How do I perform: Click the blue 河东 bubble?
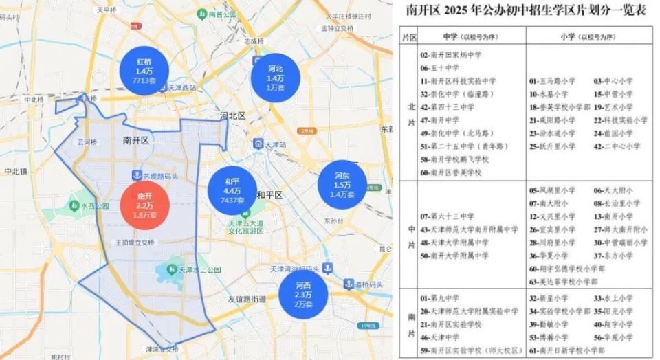tap(342, 184)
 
